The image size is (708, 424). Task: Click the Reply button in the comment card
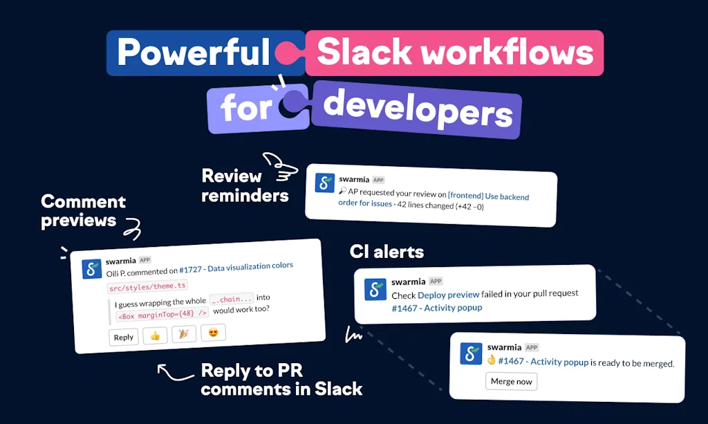pos(124,338)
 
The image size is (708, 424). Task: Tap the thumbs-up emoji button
pos(155,335)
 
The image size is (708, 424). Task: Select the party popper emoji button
pos(184,334)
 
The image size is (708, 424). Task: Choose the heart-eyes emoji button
pos(213,333)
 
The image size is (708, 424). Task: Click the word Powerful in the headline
pos(194,53)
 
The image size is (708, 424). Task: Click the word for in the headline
pos(246,108)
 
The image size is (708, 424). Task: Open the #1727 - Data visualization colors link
pos(236,267)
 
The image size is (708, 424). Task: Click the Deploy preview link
pos(448,295)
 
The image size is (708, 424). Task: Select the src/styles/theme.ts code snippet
pos(147,286)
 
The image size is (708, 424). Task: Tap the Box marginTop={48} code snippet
pos(162,314)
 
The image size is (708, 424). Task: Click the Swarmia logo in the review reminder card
pos(325,183)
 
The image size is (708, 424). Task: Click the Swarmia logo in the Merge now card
pos(471,353)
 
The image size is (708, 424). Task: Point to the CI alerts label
pos(387,252)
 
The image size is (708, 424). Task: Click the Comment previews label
pos(83,211)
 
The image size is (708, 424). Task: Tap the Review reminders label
pos(245,185)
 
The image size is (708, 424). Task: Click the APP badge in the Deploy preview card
pos(436,282)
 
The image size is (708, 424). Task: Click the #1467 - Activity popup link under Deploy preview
pos(437,308)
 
